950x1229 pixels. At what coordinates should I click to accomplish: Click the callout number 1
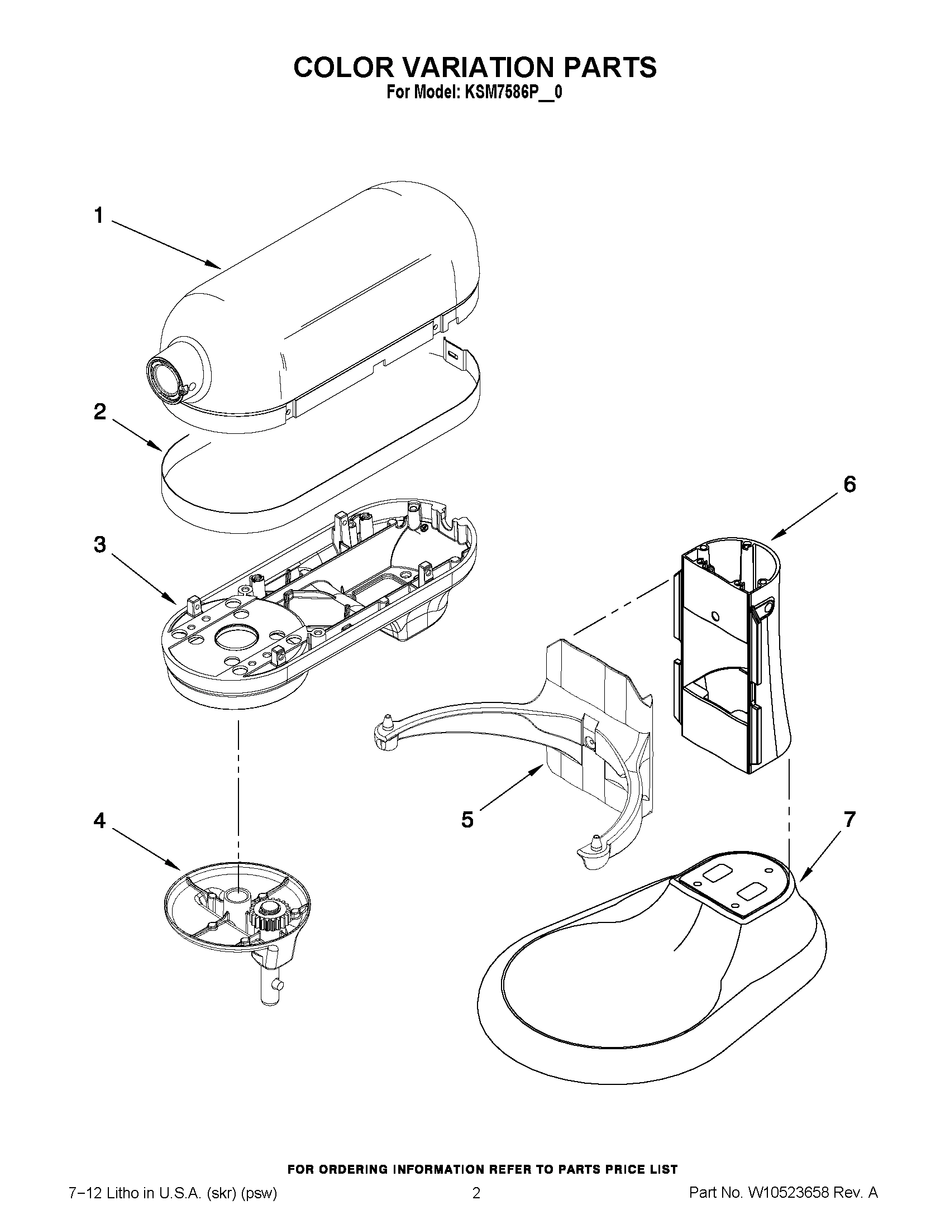[99, 216]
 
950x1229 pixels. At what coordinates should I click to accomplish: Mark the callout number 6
[849, 484]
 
